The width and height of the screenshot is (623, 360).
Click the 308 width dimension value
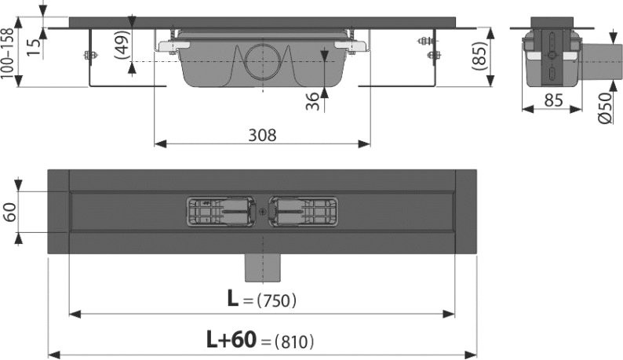click(262, 136)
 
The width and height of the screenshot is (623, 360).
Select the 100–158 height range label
click(8, 53)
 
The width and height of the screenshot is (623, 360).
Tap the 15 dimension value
click(35, 47)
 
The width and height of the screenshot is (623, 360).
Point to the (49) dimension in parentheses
click(122, 45)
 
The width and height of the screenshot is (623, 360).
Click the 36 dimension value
click(313, 101)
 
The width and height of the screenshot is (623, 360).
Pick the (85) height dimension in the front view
click(479, 56)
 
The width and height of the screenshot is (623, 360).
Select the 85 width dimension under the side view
click(553, 100)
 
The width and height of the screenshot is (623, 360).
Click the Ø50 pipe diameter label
click(605, 108)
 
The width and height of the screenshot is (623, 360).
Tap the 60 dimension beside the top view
click(10, 212)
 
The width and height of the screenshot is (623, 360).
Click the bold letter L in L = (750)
click(233, 298)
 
